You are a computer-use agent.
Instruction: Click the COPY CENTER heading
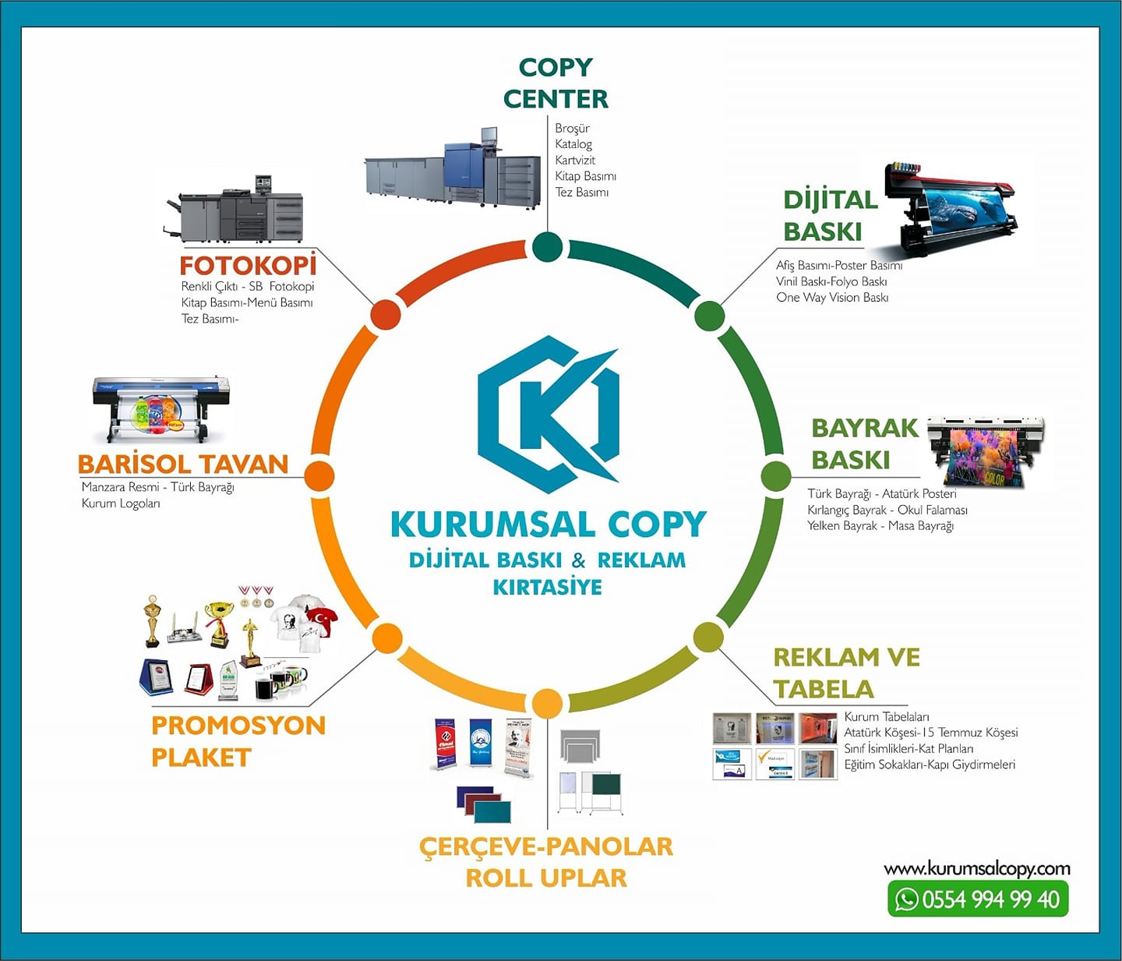point(556,83)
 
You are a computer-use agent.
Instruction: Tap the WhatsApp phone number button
point(978,899)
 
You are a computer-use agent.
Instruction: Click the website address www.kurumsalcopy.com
point(977,869)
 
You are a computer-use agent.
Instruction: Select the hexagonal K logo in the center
point(549,415)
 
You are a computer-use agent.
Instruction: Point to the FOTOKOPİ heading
point(248,266)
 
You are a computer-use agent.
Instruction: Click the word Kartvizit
point(575,161)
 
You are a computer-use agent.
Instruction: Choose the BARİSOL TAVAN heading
point(183,465)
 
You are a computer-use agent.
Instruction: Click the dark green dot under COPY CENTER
point(547,246)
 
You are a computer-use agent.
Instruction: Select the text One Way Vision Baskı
point(832,298)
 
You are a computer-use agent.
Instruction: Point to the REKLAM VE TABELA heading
point(847,673)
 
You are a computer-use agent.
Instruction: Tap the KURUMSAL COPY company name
point(549,524)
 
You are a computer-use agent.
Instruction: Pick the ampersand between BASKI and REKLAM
point(579,560)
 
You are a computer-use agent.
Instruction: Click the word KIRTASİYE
point(547,588)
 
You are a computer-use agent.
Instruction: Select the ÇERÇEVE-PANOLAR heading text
point(546,847)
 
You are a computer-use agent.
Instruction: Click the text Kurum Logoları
point(121,503)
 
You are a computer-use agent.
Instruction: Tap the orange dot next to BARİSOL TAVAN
point(319,475)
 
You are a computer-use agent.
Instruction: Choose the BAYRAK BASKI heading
point(864,444)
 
